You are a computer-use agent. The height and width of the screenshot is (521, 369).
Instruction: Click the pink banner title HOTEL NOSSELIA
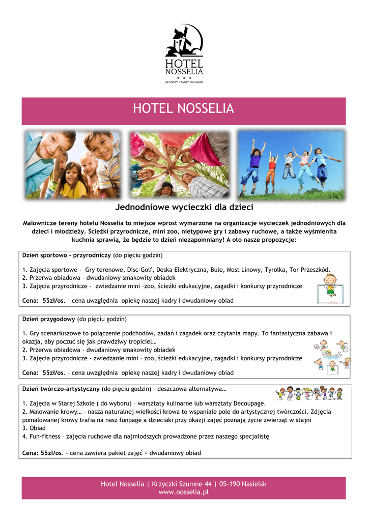[183, 109]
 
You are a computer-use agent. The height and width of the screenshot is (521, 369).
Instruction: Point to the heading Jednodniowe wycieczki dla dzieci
[184, 208]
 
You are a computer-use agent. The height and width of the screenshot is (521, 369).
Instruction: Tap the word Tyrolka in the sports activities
[275, 269]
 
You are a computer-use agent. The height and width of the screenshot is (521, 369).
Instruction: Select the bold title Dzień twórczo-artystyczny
[61, 389]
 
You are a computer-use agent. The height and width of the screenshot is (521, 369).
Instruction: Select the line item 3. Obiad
[34, 428]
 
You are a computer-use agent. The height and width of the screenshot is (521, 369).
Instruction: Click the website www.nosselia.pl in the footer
[184, 492]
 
